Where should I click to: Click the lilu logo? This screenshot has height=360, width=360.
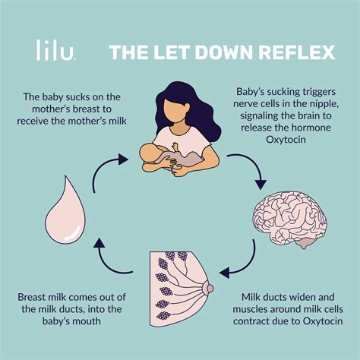tap(55, 52)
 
